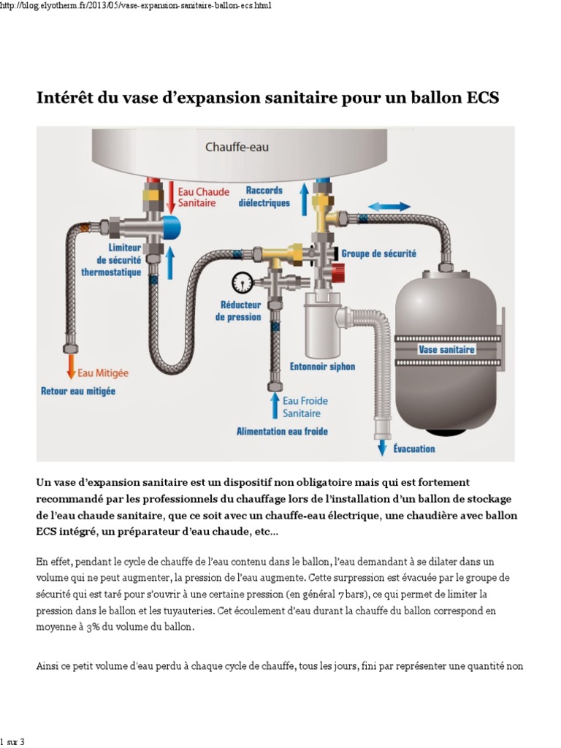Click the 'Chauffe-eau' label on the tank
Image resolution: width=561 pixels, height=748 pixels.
[236, 147]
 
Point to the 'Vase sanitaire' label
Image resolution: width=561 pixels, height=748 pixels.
[446, 350]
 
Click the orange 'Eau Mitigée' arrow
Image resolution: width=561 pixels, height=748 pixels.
[71, 365]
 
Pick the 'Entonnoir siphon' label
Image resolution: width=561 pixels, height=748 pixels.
[322, 367]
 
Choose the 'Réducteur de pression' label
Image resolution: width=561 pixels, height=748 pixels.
[238, 310]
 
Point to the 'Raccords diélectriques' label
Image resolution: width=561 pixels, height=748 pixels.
[264, 197]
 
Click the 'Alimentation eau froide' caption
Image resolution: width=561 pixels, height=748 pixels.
[282, 432]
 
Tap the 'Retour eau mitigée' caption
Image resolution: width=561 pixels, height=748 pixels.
[77, 392]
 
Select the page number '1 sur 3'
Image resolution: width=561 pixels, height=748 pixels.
[12, 742]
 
